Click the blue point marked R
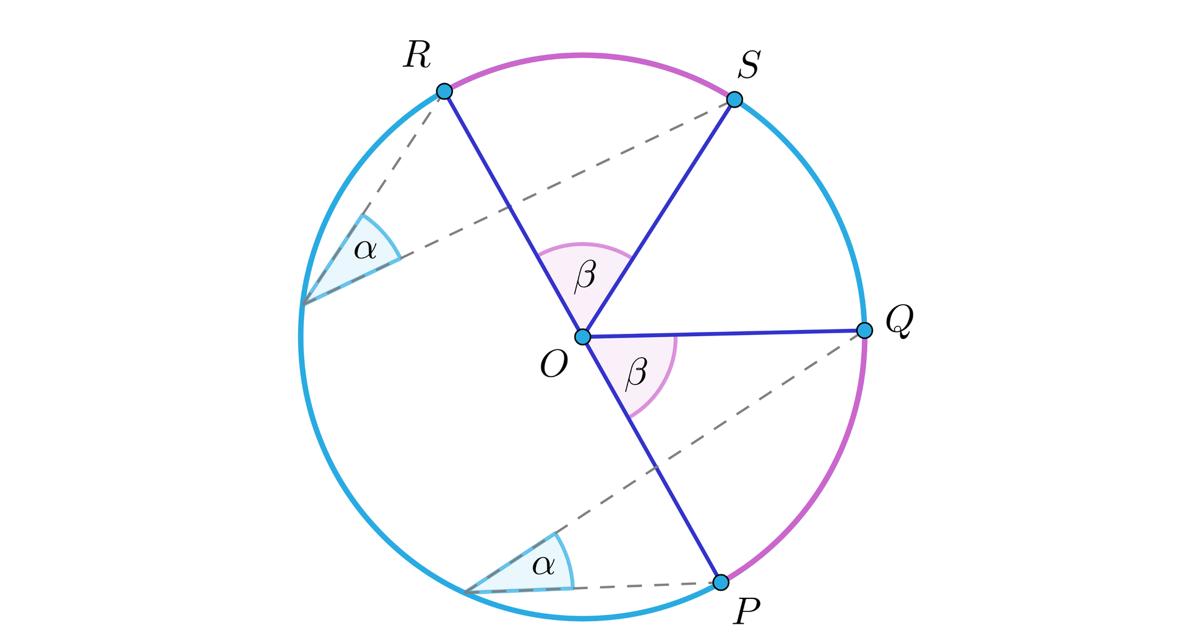(x=444, y=91)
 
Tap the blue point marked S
(x=734, y=99)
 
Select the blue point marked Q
(x=865, y=330)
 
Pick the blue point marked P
(x=721, y=582)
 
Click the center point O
(x=583, y=337)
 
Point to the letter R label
(x=417, y=56)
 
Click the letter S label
(x=749, y=65)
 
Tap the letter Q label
(x=899, y=321)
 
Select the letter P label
(x=747, y=613)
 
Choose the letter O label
(x=554, y=363)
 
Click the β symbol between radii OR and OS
(x=585, y=276)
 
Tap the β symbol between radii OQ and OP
(x=636, y=374)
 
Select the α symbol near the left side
(x=365, y=250)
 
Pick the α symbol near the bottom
(x=543, y=565)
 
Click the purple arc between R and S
(x=583, y=56)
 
